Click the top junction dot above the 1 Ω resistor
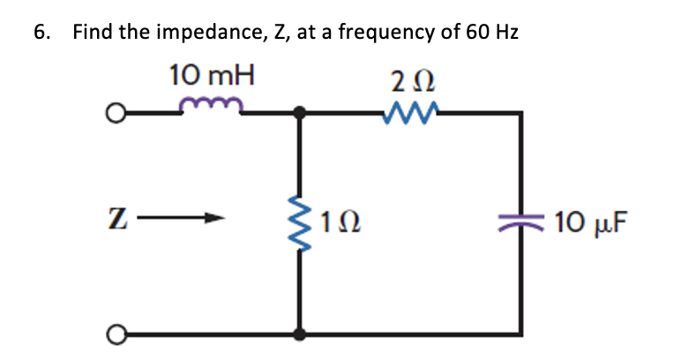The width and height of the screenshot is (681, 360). click(301, 113)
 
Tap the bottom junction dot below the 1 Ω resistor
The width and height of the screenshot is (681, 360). click(301, 335)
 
